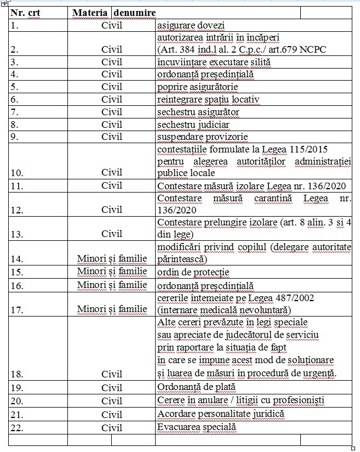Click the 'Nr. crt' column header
[27, 12]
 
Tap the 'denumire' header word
[134, 12]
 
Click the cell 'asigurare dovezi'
[191, 25]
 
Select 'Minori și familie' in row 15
[112, 272]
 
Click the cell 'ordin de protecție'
[193, 272]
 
